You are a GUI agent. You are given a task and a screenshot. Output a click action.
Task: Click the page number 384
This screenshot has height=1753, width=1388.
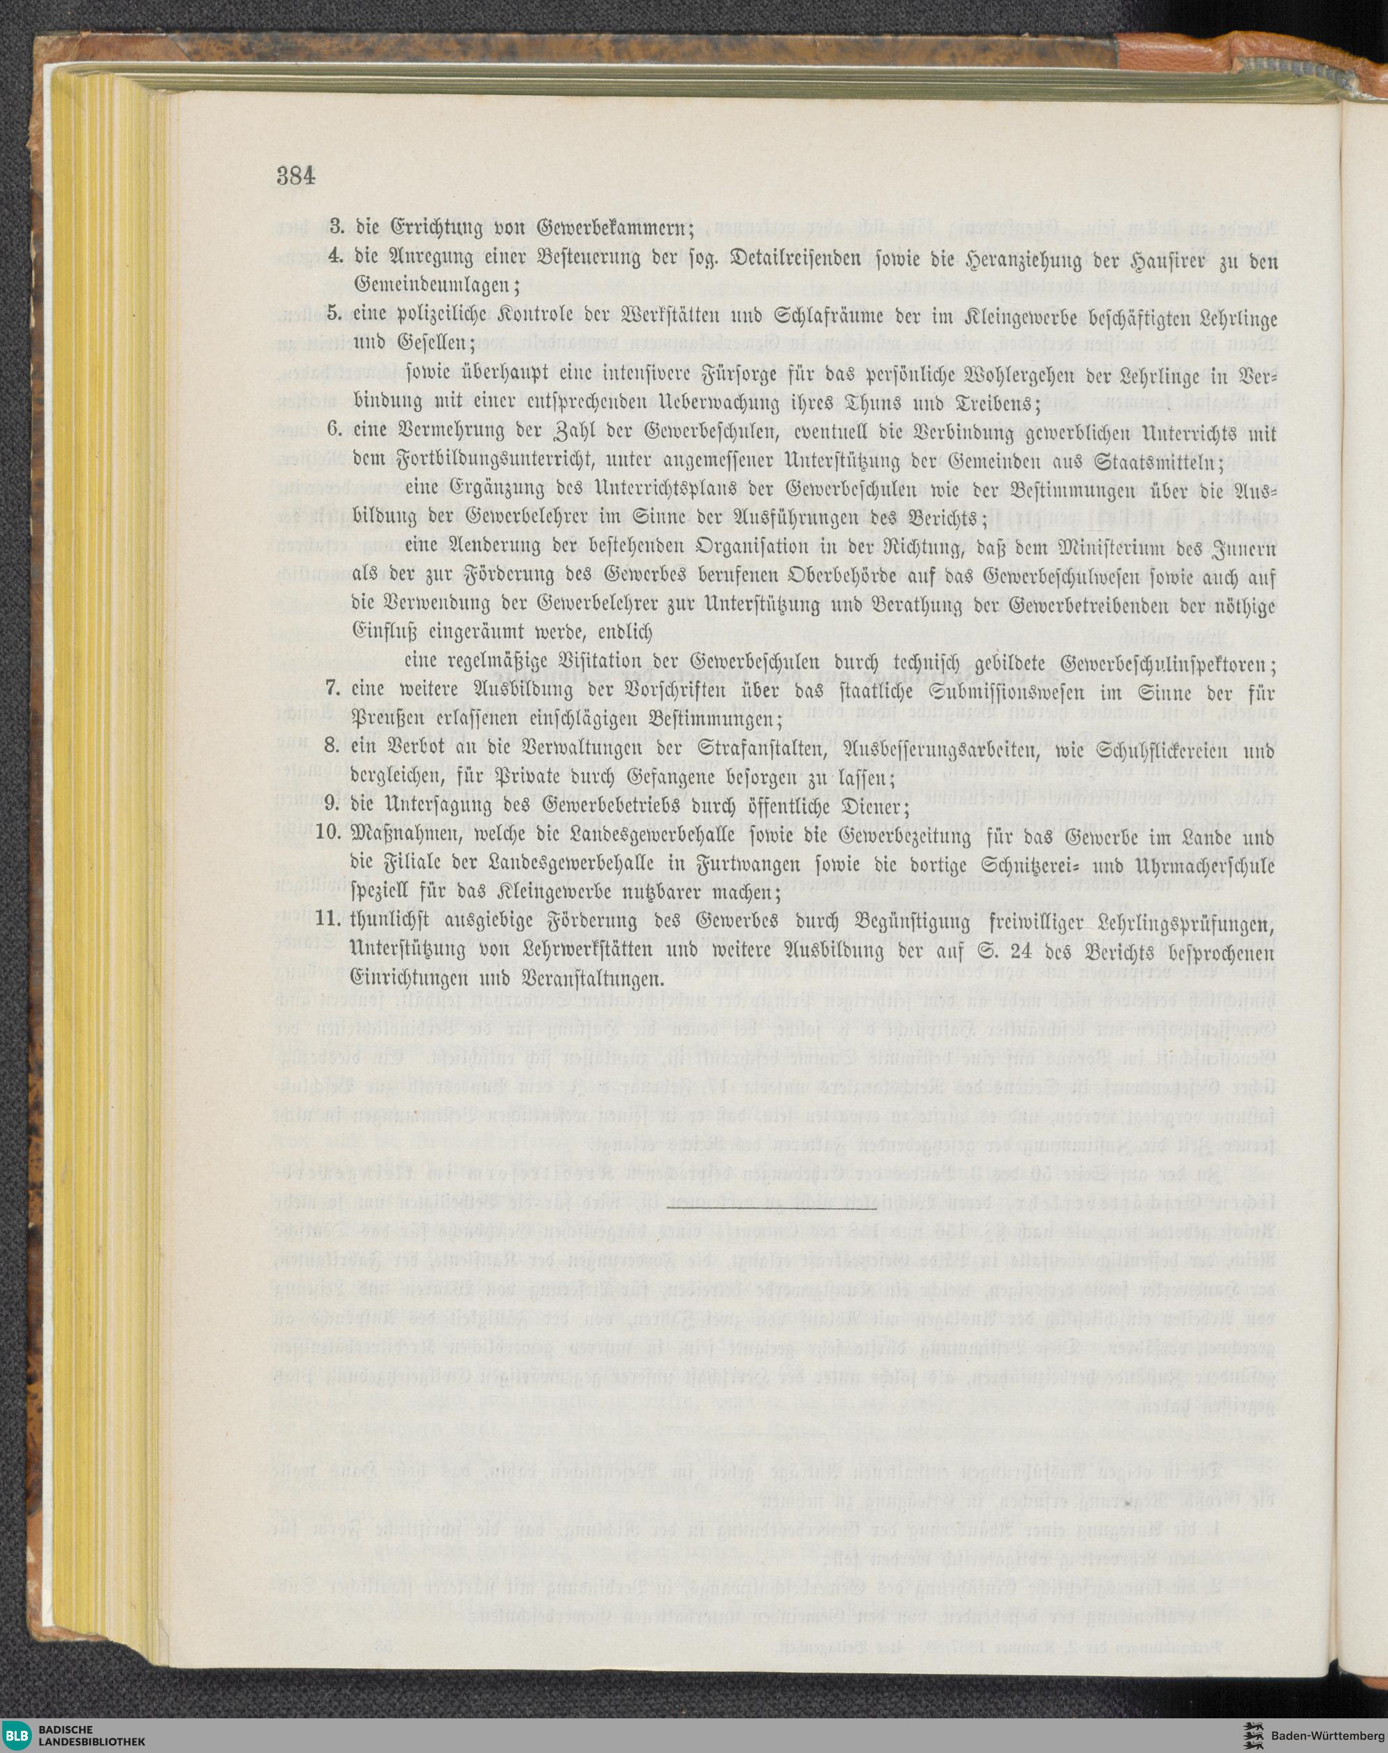click(x=296, y=176)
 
